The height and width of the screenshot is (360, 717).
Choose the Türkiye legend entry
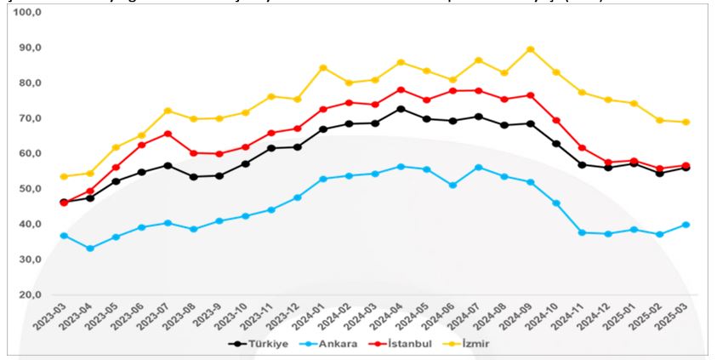pos(259,344)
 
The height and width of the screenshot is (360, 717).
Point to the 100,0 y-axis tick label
pos(27,14)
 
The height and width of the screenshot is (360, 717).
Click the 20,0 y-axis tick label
pos(30,294)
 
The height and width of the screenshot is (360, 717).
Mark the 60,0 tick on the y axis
pos(30,154)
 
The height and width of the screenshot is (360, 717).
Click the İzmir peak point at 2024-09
pos(531,49)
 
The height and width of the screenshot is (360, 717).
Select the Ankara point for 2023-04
pos(90,249)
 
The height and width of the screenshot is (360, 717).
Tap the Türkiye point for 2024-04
pos(401,109)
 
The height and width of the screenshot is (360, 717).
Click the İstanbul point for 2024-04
pos(401,89)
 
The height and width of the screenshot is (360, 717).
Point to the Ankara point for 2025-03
pos(685,225)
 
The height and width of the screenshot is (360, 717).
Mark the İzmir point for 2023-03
pos(64,176)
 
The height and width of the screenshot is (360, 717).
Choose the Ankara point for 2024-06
pos(452,185)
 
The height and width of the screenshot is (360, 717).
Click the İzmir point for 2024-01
pos(323,68)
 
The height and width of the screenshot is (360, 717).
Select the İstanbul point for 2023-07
pos(168,134)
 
